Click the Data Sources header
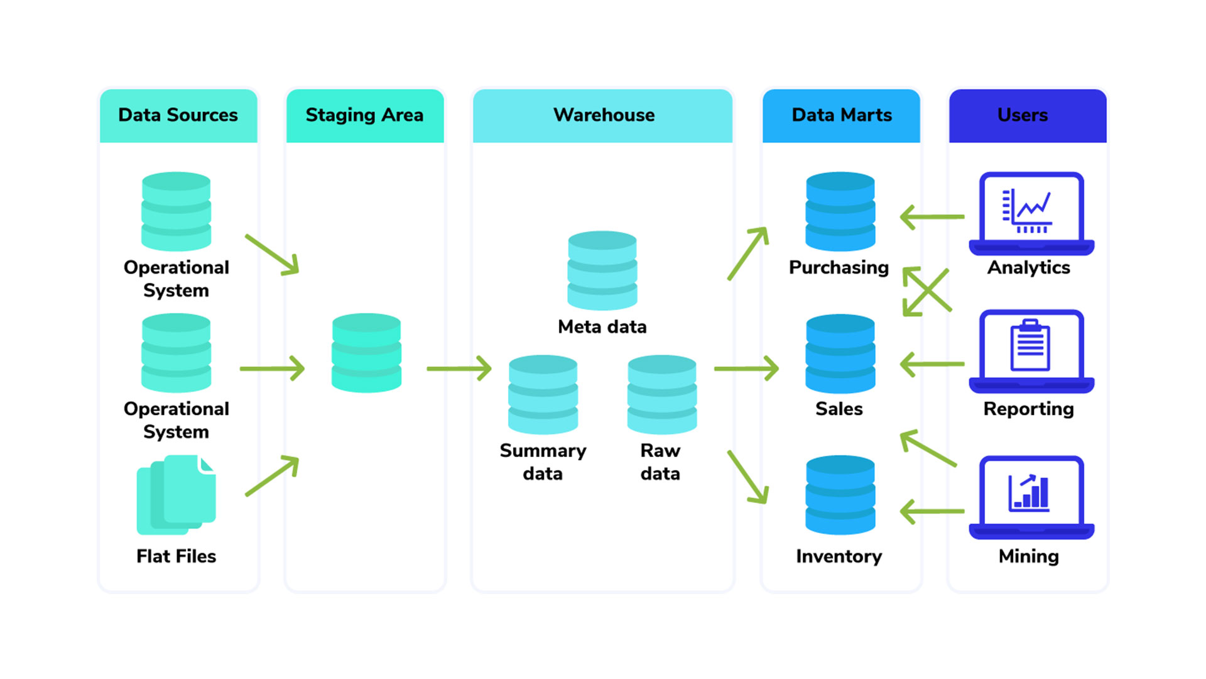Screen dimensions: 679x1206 point(178,115)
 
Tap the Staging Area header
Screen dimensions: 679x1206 point(364,115)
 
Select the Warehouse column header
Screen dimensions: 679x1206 point(603,115)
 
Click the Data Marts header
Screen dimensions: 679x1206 point(841,115)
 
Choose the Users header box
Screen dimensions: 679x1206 point(1028,115)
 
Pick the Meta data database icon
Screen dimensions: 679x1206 point(602,270)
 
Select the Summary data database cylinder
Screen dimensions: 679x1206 point(543,394)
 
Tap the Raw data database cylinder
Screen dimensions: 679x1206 point(661,394)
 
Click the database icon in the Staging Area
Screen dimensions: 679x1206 point(366,353)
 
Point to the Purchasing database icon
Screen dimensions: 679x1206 point(840,211)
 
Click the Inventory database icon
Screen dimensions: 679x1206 point(840,495)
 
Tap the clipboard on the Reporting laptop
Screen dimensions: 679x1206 point(1030,345)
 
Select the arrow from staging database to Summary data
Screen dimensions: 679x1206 point(459,368)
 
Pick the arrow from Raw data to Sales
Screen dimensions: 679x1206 point(746,368)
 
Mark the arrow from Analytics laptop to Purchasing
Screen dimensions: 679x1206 point(932,217)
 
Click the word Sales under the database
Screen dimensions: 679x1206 point(839,409)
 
